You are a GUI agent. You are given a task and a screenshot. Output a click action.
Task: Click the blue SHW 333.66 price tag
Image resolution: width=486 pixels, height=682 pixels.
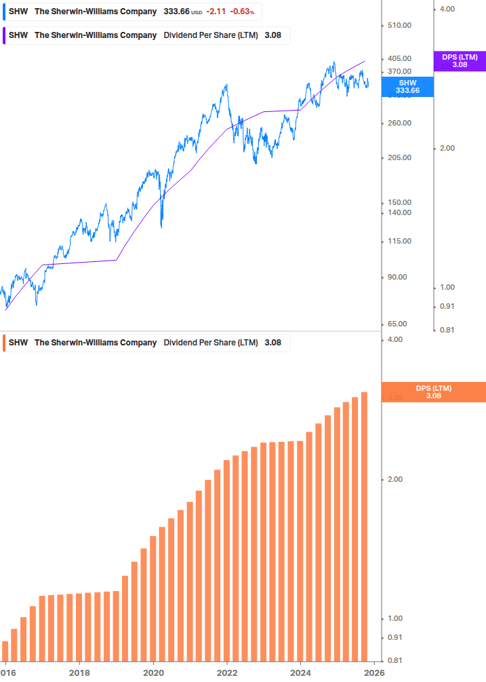(x=407, y=86)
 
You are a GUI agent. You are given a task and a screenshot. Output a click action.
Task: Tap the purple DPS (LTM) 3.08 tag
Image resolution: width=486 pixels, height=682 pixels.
(x=460, y=61)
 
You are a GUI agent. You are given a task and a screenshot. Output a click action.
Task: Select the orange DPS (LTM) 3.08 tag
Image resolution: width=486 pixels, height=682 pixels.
(x=434, y=392)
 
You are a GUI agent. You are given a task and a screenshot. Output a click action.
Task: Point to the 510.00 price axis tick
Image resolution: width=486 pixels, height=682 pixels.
(x=399, y=26)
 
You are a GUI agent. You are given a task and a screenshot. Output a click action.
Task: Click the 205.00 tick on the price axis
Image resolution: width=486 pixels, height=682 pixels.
(x=399, y=158)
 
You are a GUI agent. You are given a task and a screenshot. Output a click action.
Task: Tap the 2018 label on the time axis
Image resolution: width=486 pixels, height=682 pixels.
(x=79, y=672)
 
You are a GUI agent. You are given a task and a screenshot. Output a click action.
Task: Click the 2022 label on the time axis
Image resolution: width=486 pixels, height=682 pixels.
(x=227, y=672)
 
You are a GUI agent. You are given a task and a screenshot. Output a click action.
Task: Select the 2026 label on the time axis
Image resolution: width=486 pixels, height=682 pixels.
(x=374, y=672)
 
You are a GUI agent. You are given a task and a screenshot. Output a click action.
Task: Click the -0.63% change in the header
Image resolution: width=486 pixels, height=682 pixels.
(x=243, y=12)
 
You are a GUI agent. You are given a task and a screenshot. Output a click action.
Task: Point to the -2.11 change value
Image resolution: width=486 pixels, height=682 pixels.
(x=216, y=12)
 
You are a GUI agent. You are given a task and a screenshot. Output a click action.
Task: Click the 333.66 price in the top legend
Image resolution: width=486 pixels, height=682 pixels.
(x=176, y=12)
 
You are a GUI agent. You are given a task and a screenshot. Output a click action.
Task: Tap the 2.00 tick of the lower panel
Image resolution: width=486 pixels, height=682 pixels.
(x=394, y=480)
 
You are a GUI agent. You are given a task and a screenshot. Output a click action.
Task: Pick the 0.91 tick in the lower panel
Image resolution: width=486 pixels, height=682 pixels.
(x=394, y=638)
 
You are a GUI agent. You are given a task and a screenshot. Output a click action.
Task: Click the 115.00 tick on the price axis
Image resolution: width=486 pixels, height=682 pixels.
(x=399, y=242)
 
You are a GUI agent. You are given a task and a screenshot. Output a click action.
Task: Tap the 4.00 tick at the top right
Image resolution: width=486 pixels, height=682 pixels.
(x=447, y=9)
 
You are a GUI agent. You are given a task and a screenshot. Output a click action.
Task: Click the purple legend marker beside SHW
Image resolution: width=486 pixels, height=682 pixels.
(x=5, y=35)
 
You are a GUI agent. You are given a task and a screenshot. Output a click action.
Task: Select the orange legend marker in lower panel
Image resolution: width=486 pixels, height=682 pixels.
(x=5, y=343)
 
